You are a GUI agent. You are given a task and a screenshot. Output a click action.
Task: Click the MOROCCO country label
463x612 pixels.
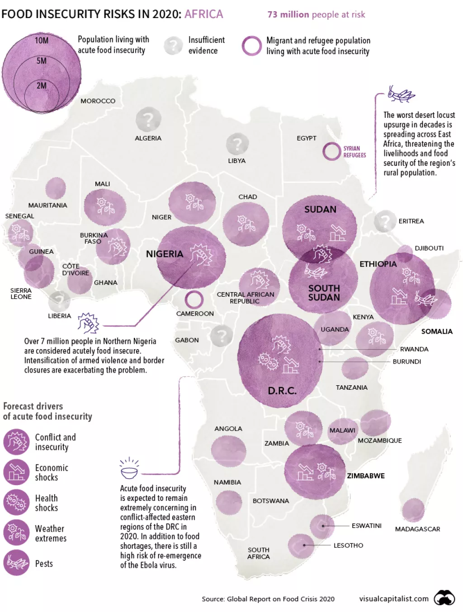pos(98,101)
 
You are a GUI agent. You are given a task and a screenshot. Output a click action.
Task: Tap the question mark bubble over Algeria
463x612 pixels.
pos(148,120)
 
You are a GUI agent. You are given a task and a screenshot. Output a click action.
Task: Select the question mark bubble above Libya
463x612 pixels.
pos(237,145)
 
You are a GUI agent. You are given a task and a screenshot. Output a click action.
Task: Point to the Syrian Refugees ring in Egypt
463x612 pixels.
pos(331,151)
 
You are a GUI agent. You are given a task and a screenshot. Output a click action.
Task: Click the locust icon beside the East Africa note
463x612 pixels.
pos(401,94)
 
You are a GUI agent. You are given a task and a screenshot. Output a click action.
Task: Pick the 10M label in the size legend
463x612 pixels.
pos(41,41)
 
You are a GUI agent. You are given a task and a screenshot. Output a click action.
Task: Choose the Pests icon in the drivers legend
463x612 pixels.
pos(16,563)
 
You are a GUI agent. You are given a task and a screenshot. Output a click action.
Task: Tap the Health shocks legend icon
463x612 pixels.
pos(16,502)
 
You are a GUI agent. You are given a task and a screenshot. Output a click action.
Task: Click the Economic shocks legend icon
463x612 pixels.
pos(16,472)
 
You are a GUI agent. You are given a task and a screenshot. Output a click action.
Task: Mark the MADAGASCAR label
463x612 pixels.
pos(417,529)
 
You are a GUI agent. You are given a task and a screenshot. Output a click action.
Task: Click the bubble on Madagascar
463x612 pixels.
pos(413,510)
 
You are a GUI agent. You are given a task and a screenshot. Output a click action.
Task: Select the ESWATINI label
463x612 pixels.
pos(366,526)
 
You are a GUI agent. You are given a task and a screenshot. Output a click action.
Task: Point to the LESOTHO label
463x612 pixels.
pos(348,546)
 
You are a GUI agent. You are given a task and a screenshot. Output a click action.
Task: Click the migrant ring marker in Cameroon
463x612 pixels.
pos(194,299)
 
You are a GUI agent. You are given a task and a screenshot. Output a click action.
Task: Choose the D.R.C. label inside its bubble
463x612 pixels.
pos(282,391)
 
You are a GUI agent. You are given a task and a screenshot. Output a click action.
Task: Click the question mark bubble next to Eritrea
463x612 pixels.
pos(385,221)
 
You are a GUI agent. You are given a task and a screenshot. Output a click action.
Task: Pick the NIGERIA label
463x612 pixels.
pos(165,254)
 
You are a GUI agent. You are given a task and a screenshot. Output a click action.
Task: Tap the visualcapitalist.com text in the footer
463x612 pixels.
pos(394,599)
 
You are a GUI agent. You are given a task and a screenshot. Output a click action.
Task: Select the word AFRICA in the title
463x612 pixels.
pos(203,14)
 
